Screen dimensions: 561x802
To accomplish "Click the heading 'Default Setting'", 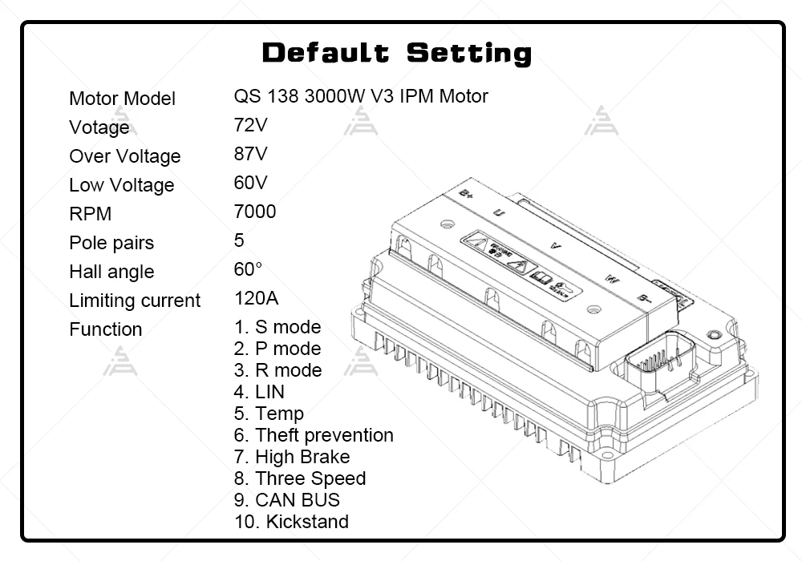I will (x=397, y=54).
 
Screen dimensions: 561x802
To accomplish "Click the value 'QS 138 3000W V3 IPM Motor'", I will (x=361, y=96).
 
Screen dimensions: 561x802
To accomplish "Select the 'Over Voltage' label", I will (x=124, y=156).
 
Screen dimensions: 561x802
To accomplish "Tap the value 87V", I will (x=251, y=154).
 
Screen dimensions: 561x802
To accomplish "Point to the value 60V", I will (x=251, y=183).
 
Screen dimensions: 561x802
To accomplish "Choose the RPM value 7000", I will (x=255, y=212).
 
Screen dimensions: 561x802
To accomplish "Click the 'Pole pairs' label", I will (x=111, y=243).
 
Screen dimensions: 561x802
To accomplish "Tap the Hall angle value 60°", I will (x=249, y=269).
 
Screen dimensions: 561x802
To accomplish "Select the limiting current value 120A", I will (x=257, y=298).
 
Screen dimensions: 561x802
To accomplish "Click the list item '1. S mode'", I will (x=277, y=327).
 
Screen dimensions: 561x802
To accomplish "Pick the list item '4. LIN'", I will (x=259, y=392).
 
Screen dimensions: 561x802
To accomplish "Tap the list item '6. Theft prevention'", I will (x=314, y=435).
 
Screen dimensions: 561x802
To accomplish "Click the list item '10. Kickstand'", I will (x=291, y=522).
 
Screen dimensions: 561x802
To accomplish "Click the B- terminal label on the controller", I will (x=644, y=297).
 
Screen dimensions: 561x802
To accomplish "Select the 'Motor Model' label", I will (x=122, y=99).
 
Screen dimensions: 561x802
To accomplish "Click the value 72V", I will (x=251, y=125).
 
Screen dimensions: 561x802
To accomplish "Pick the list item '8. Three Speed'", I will (x=300, y=478).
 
